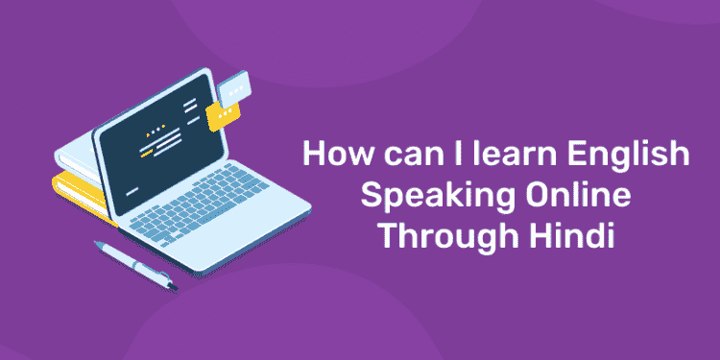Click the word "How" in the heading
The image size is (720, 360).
click(x=327, y=156)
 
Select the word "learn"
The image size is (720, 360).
click(x=477, y=156)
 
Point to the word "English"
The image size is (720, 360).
click(x=565, y=158)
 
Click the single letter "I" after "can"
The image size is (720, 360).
click(x=430, y=156)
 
